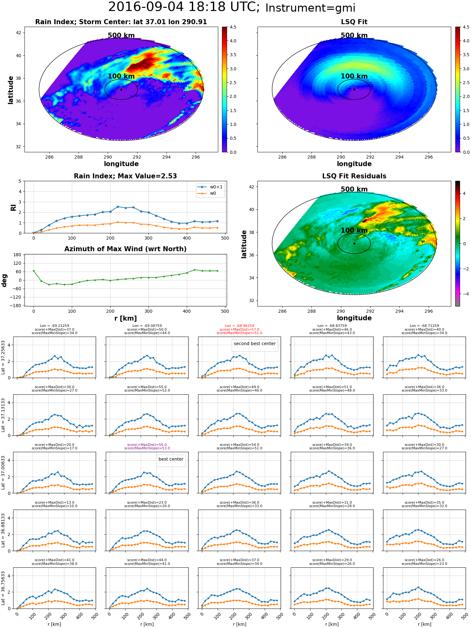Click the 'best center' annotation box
pyautogui.click(x=171, y=460)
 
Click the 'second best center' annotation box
pyautogui.click(x=255, y=345)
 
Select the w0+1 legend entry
pyautogui.click(x=210, y=187)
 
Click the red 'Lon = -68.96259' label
pyautogui.click(x=239, y=326)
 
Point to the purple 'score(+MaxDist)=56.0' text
pyautogui.click(x=147, y=445)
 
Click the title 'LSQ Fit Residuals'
pyautogui.click(x=354, y=176)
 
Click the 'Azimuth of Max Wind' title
pyautogui.click(x=125, y=249)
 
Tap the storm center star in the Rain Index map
pyautogui.click(x=121, y=89)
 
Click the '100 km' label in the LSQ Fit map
pyautogui.click(x=354, y=76)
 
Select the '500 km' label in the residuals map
pyautogui.click(x=354, y=189)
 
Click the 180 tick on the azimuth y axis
pyautogui.click(x=17, y=255)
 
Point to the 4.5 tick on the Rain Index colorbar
pyautogui.click(x=233, y=27)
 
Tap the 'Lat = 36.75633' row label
pyautogui.click(x=3, y=588)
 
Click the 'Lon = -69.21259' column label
pyautogui.click(x=54, y=326)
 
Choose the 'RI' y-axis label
pyautogui.click(x=13, y=207)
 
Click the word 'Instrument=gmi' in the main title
pyautogui.click(x=310, y=8)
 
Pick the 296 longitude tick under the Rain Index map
pyautogui.click(x=196, y=157)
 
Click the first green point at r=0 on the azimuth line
pyautogui.click(x=34, y=271)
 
